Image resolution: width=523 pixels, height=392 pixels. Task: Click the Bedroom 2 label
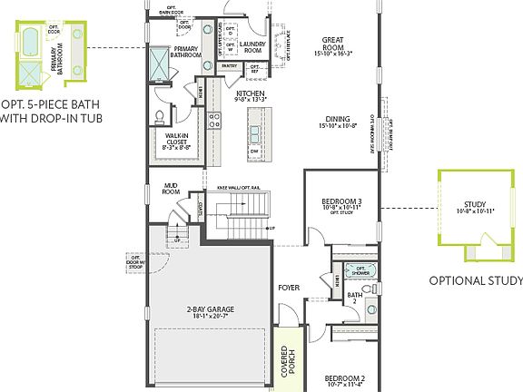point(345,381)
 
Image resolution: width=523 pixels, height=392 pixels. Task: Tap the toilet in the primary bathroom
point(160,115)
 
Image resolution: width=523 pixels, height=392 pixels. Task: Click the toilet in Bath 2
point(370,310)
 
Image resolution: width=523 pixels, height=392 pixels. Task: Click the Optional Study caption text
point(475,280)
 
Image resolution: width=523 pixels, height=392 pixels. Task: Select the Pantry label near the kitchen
point(229,66)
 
